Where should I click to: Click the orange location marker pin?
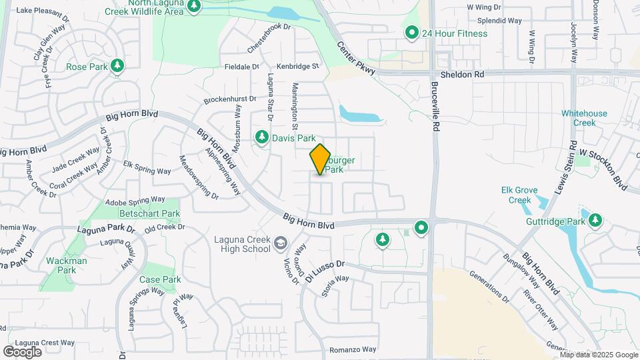(321, 159)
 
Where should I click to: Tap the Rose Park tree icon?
(117, 65)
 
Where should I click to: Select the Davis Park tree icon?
(262, 137)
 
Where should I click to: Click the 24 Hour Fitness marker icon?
(412, 32)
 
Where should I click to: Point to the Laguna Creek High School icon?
(280, 243)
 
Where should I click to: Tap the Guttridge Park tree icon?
(595, 219)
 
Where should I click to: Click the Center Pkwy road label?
(357, 59)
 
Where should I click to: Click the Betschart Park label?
(149, 214)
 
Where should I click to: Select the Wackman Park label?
(67, 265)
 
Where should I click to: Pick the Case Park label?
(160, 279)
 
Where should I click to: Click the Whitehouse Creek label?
(584, 118)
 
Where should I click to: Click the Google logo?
(22, 351)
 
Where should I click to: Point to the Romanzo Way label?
(353, 349)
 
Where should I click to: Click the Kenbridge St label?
(299, 66)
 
